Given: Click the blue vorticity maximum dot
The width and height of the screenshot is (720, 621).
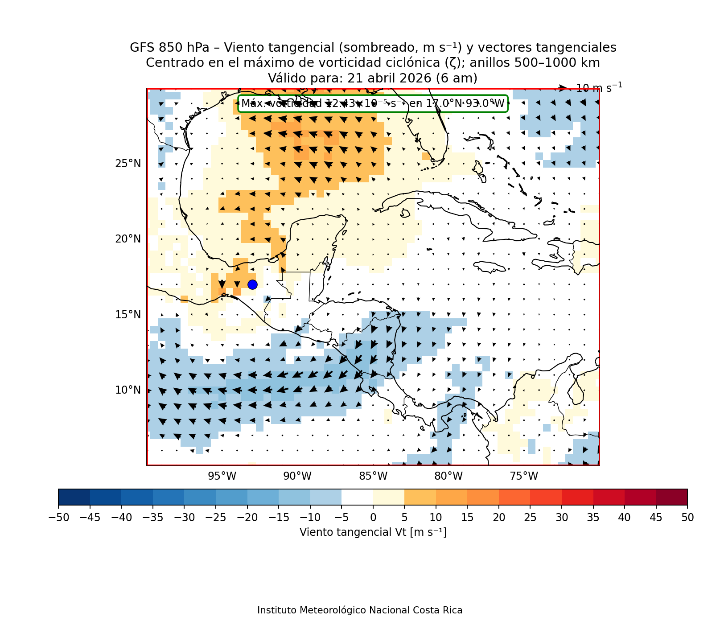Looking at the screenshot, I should [x=252, y=284].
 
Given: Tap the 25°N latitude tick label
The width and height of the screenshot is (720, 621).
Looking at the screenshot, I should [x=128, y=164].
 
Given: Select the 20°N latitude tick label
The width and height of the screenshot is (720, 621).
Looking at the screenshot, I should [x=128, y=239].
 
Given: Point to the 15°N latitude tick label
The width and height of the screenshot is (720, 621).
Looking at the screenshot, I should [x=128, y=315].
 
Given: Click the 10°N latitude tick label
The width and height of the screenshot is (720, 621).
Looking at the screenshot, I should [x=128, y=390].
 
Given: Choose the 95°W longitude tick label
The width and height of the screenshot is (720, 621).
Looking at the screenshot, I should [x=222, y=477].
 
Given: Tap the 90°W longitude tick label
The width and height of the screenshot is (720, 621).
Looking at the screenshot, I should [x=297, y=477].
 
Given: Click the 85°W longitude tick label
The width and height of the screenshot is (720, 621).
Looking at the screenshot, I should [x=373, y=477].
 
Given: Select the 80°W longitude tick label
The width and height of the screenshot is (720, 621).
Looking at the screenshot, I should [x=448, y=477].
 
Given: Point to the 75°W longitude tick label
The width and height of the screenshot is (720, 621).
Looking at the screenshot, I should [x=524, y=477].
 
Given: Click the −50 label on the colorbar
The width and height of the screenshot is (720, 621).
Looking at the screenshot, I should [x=58, y=518].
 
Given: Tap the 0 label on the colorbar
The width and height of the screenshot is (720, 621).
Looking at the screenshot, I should [x=373, y=518].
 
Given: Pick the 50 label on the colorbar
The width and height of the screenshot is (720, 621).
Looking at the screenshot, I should [x=687, y=518].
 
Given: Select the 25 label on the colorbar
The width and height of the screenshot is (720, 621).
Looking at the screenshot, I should [x=530, y=518].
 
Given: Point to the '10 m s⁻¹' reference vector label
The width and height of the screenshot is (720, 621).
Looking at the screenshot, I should [x=599, y=88].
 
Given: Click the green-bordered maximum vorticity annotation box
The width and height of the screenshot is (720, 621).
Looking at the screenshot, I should [x=373, y=104].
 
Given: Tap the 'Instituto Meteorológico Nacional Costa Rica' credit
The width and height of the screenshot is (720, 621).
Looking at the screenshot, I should [x=360, y=610].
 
